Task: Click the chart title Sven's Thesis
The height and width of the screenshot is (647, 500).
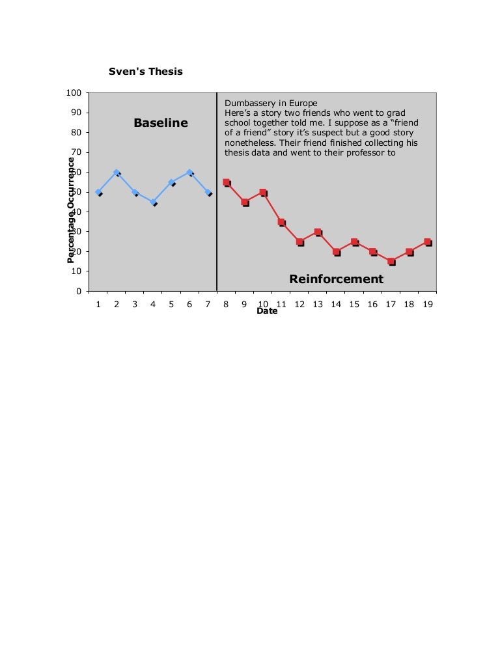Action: (x=146, y=72)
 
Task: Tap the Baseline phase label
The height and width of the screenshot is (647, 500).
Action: (x=160, y=123)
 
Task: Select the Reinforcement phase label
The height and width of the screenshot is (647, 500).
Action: (x=336, y=279)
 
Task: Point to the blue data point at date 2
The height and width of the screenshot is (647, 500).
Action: (x=117, y=172)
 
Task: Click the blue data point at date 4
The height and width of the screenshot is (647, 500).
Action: (x=153, y=202)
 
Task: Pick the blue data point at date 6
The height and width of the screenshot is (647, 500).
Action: (x=189, y=172)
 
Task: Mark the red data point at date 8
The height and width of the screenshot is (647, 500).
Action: (x=226, y=182)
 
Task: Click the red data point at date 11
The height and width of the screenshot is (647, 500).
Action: (x=281, y=222)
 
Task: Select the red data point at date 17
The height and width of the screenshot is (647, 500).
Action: (x=391, y=262)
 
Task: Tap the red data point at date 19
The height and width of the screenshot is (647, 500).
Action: (x=428, y=242)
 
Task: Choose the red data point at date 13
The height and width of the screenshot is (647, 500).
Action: (x=318, y=232)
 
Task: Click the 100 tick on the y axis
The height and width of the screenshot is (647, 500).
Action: (x=74, y=93)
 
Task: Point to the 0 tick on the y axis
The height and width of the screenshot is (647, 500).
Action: (x=77, y=291)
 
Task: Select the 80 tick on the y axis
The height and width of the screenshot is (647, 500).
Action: (x=76, y=133)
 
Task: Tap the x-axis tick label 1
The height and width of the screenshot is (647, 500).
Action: (x=98, y=303)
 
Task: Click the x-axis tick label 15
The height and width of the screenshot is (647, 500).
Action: (x=354, y=303)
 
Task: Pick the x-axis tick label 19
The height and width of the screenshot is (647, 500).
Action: (x=428, y=303)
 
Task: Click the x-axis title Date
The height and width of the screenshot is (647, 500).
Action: (x=267, y=311)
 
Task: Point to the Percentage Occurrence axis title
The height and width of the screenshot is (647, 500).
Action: (x=71, y=210)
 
